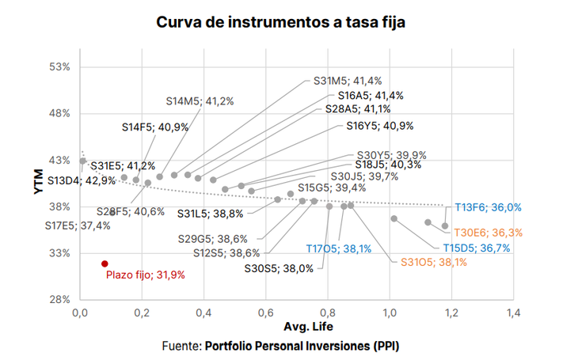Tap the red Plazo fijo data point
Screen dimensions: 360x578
(105, 263)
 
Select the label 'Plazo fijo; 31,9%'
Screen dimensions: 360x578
(146, 275)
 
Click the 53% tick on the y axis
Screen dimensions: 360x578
(60, 66)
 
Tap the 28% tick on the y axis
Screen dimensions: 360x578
(60, 299)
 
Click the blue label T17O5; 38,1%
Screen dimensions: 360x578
(338, 248)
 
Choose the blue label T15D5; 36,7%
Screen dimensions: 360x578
(476, 248)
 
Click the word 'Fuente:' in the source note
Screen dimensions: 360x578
(181, 346)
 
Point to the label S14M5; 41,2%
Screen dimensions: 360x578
(200, 101)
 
